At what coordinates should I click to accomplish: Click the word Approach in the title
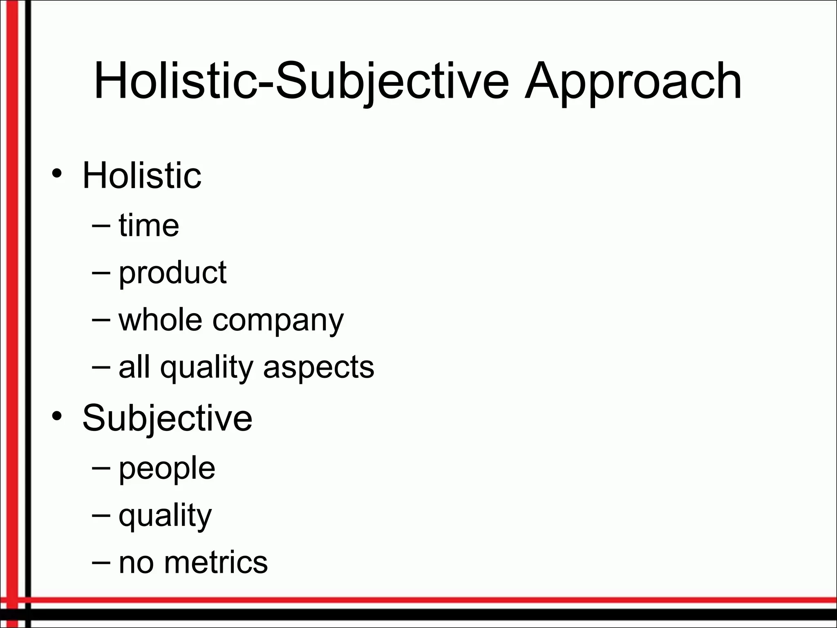coord(633,82)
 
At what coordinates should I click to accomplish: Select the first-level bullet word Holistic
coord(142,176)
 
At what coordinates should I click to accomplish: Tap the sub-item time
coord(149,226)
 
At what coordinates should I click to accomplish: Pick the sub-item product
coord(172,273)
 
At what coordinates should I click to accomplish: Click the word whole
coord(160,320)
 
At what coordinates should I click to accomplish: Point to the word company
coord(278,321)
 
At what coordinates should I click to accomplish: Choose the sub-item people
coord(167,469)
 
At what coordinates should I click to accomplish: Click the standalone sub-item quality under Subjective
coord(165,516)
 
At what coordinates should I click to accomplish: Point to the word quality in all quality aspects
coord(207,368)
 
